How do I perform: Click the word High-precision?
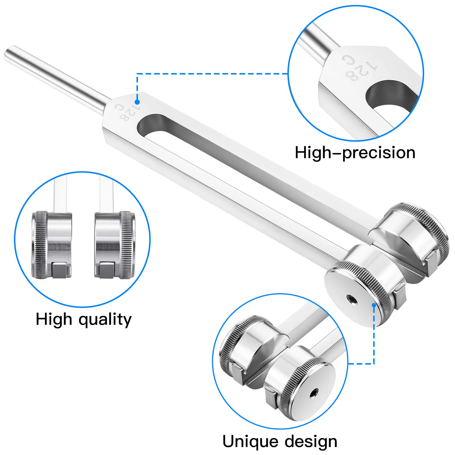tap(355, 153)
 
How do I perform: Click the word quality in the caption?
tap(105, 320)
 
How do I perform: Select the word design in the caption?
tap(311, 442)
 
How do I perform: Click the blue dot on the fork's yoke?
tap(137, 102)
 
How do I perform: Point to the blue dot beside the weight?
tap(374, 305)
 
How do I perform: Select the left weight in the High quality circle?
tap(51, 245)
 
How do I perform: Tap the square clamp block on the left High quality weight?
tap(60, 270)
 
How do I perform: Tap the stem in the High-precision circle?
tap(318, 40)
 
